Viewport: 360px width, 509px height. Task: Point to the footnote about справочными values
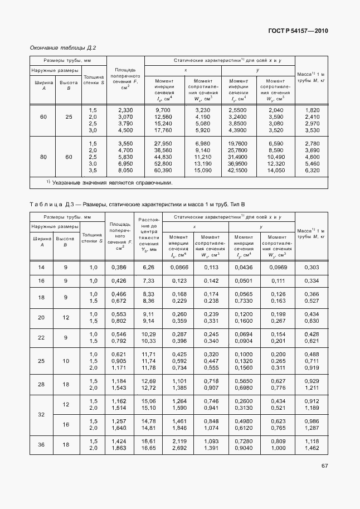pos(109,182)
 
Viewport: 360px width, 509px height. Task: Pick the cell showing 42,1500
pos(238,170)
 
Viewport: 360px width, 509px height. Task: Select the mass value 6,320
pos(312,170)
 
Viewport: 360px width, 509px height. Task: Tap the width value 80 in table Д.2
pos(43,157)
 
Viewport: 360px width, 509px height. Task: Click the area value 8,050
pos(125,170)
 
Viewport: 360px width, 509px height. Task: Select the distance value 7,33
pos(148,280)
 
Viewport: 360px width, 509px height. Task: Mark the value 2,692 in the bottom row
pos(179,448)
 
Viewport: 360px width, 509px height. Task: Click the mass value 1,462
pos(312,448)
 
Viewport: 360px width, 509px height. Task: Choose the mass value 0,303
pos(312,268)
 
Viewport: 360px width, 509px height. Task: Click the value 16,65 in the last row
pos(148,448)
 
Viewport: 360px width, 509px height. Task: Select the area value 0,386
pos(119,268)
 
